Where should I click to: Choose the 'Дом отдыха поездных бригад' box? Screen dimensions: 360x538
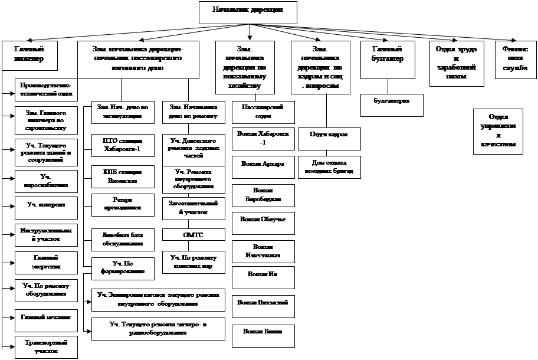(328, 167)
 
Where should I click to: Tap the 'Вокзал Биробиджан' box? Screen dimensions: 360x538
(263, 195)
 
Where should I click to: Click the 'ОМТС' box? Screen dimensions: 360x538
(194, 235)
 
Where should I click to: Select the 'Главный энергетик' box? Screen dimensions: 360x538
(45, 263)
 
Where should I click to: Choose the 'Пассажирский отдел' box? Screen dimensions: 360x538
(263, 110)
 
